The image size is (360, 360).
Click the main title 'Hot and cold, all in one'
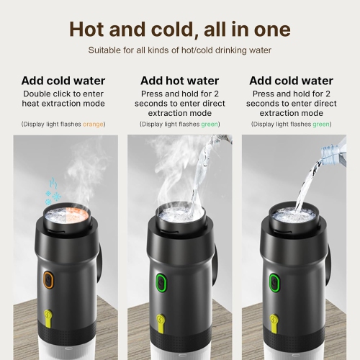coord(179,30)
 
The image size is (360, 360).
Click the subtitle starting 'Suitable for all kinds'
coord(179,50)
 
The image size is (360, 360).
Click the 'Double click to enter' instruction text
coord(64,94)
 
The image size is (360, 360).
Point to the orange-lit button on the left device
coord(49,280)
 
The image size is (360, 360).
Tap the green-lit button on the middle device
coord(162,280)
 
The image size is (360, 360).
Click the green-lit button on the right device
coord(274,281)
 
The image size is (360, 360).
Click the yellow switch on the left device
coord(49,318)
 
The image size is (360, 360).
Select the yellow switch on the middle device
coord(162,318)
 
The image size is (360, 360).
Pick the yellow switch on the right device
coord(274,318)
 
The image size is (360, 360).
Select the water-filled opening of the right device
coord(293,214)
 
